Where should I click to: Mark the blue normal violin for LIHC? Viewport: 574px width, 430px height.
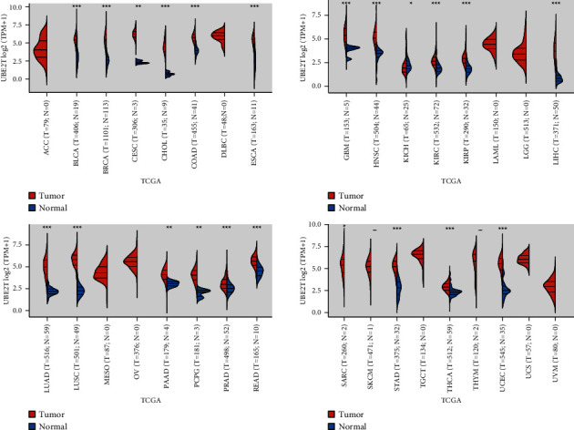coord(559,79)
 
